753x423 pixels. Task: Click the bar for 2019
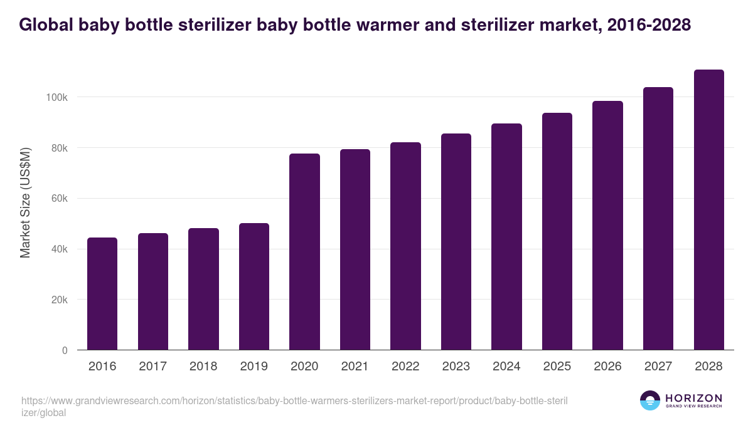[x=254, y=286]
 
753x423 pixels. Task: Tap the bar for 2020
[x=304, y=251]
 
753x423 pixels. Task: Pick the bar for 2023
[x=456, y=241]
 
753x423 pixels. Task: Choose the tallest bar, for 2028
[x=708, y=209]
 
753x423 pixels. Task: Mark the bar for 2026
[x=607, y=225]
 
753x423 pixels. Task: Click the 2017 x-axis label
[x=152, y=367]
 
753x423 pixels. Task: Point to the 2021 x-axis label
[x=355, y=367]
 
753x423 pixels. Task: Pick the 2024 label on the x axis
[x=506, y=367]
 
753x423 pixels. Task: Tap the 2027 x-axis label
[x=658, y=367]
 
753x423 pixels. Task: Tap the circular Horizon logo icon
[x=650, y=401]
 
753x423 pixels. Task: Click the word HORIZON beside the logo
[x=693, y=398]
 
